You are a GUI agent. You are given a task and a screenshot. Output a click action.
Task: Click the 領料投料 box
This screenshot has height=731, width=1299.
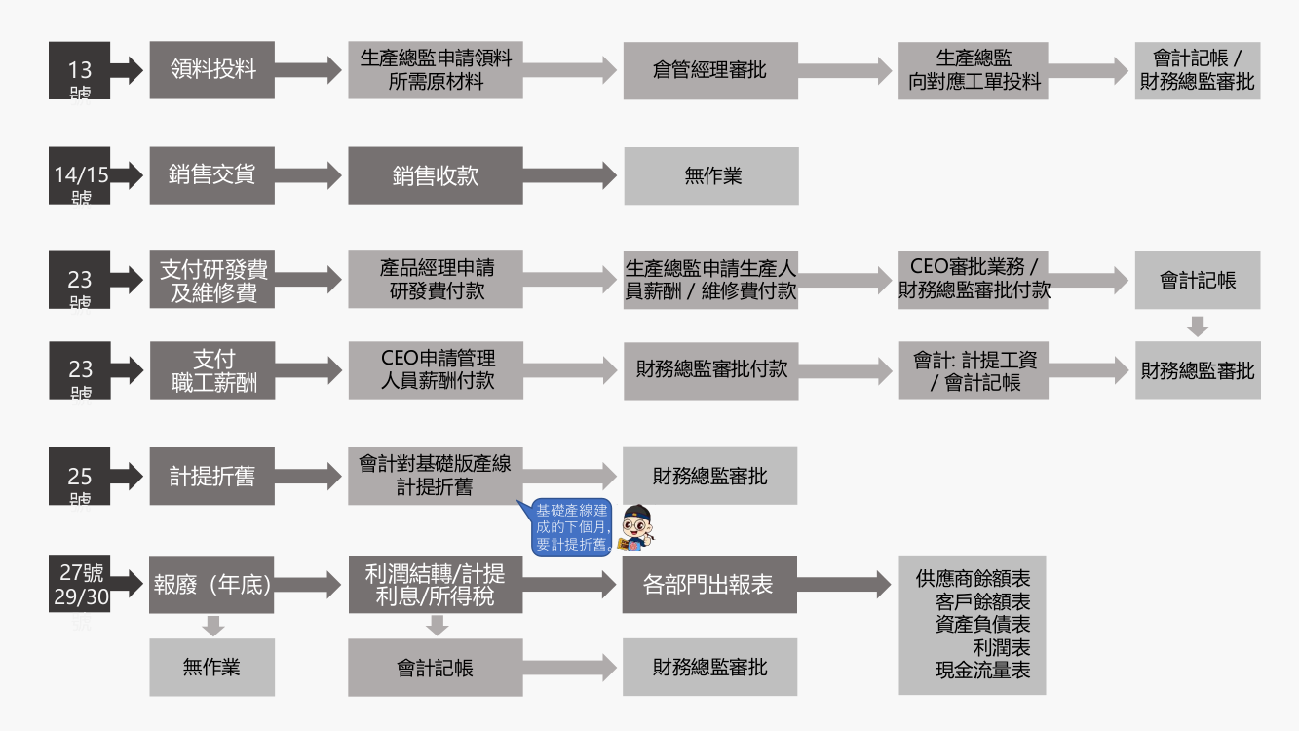211,70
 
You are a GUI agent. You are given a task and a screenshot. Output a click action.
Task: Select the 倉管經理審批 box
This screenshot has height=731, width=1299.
710,70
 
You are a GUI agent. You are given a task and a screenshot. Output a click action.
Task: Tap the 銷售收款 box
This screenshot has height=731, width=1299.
436,175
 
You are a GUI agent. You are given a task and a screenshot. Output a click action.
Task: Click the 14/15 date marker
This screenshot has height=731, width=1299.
80,175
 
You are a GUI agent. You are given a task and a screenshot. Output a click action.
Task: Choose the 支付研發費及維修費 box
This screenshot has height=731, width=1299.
211,281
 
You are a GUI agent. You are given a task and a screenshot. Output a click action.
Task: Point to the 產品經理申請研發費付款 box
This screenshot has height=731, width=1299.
436,281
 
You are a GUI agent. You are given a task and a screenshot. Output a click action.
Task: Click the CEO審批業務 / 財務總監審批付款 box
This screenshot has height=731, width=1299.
973,281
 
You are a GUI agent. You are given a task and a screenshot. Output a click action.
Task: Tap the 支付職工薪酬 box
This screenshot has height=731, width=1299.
211,370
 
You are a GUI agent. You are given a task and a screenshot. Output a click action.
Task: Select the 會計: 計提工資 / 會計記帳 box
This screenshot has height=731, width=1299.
973,370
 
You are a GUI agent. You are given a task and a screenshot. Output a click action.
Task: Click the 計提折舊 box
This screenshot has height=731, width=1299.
211,477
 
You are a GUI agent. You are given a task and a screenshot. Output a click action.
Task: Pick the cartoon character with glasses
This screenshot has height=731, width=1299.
637,527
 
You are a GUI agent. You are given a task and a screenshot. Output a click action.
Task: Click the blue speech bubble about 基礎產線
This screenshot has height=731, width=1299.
572,527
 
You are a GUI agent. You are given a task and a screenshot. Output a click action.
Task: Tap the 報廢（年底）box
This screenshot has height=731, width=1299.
211,585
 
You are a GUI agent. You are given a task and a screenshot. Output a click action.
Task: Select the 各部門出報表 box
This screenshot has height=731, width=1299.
709,585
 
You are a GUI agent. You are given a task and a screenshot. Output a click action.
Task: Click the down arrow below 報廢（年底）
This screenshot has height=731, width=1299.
212,626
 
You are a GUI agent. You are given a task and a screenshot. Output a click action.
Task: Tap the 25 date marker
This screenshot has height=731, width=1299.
80,477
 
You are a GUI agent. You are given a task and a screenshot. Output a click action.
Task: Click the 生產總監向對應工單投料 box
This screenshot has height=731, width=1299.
973,70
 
